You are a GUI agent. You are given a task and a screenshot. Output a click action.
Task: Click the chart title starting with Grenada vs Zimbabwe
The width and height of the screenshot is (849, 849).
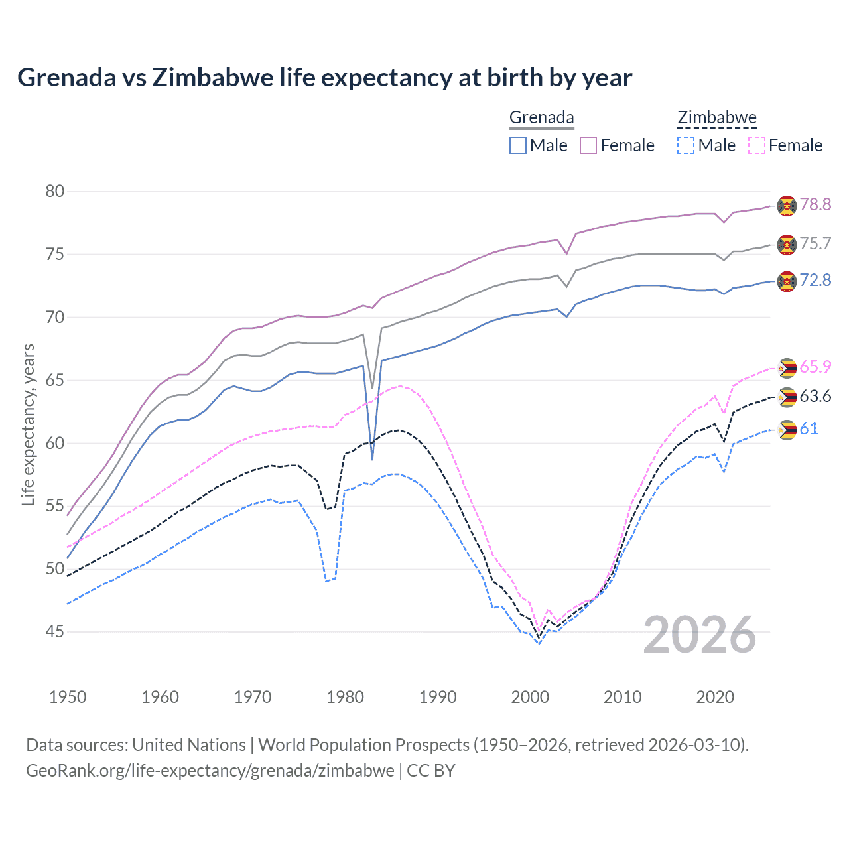click(324, 78)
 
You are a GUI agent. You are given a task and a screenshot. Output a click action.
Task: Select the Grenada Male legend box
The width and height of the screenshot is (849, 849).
click(518, 145)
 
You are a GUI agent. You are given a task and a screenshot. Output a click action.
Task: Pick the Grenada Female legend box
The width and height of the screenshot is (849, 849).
click(588, 145)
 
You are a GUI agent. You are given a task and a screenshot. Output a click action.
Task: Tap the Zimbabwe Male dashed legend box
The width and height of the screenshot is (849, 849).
click(686, 145)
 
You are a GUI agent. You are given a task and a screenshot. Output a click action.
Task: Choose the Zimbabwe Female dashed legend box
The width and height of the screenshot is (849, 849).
click(757, 145)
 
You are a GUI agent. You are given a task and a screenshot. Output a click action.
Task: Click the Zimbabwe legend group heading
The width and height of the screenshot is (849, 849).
click(717, 118)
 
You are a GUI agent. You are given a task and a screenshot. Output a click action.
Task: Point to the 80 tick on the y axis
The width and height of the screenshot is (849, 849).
click(55, 192)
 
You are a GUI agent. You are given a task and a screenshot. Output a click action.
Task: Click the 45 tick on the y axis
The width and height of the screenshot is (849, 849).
click(55, 632)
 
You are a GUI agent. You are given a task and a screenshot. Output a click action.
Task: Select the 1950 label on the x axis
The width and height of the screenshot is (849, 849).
click(68, 697)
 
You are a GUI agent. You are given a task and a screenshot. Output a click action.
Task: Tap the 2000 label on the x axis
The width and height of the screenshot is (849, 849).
click(530, 697)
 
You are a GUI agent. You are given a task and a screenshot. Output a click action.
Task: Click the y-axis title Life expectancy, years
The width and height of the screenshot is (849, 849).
click(28, 424)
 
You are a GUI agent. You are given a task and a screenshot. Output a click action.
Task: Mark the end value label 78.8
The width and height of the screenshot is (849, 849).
click(815, 204)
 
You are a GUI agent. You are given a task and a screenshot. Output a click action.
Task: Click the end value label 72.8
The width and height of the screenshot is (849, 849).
click(815, 280)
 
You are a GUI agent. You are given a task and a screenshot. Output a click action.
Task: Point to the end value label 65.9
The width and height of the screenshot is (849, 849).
click(815, 367)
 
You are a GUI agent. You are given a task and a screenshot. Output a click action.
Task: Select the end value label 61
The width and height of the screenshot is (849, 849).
click(809, 428)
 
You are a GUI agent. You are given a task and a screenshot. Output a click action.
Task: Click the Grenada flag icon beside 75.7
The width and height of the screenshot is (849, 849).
click(787, 244)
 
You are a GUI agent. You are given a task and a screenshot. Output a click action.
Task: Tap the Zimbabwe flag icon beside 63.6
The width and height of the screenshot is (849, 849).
click(787, 397)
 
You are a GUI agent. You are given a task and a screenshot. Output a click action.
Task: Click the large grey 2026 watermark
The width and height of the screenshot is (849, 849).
click(700, 635)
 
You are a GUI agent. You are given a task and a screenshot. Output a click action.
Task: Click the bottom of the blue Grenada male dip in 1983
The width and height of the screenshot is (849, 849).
click(372, 459)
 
